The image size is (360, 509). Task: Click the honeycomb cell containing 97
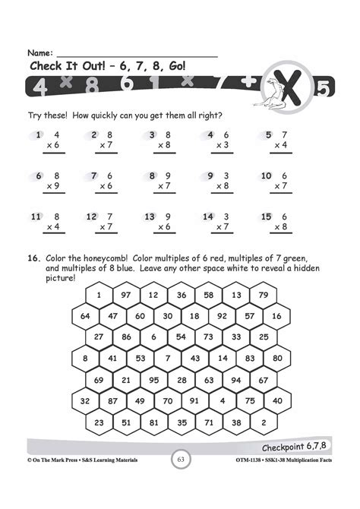126,295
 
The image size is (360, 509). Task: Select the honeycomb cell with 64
85,315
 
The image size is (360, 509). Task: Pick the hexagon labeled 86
126,336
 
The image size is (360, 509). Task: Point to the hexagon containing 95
153,379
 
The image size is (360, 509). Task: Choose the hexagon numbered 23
99,422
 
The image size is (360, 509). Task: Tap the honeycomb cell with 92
223,315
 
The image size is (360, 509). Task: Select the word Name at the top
39,53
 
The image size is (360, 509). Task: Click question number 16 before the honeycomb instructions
34,258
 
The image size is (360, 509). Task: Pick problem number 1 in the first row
39,134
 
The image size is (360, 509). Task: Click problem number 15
266,217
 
